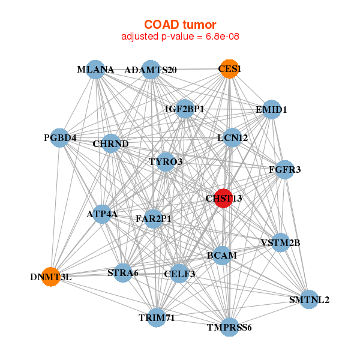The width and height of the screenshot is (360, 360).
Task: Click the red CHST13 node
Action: (223, 199)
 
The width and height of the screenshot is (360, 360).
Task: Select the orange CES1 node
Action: (229, 69)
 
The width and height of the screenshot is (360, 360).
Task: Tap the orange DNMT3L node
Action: (51, 277)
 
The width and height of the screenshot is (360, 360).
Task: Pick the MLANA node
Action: (95, 70)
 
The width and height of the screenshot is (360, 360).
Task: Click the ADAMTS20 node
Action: (151, 70)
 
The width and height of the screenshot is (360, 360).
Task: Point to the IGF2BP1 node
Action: (185, 109)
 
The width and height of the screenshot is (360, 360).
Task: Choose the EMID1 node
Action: (272, 110)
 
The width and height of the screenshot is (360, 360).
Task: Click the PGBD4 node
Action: (59, 138)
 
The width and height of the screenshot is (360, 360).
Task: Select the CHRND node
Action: (110, 143)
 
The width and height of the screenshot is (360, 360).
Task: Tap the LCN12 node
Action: (232, 138)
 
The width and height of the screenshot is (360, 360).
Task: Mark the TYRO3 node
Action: (166, 162)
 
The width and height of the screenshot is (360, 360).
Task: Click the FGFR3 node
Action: (284, 170)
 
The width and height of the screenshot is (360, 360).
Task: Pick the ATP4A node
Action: (102, 214)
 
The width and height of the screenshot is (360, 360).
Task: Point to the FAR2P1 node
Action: (154, 219)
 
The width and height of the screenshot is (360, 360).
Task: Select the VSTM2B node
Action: (280, 242)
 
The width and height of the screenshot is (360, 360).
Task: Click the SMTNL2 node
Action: (309, 299)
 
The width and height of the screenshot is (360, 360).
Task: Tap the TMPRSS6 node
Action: (229, 327)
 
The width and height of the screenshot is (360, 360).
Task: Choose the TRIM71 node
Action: (157, 318)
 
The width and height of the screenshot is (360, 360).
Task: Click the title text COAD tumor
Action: (180, 25)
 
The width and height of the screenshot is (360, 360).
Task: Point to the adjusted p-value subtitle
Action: (180, 37)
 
